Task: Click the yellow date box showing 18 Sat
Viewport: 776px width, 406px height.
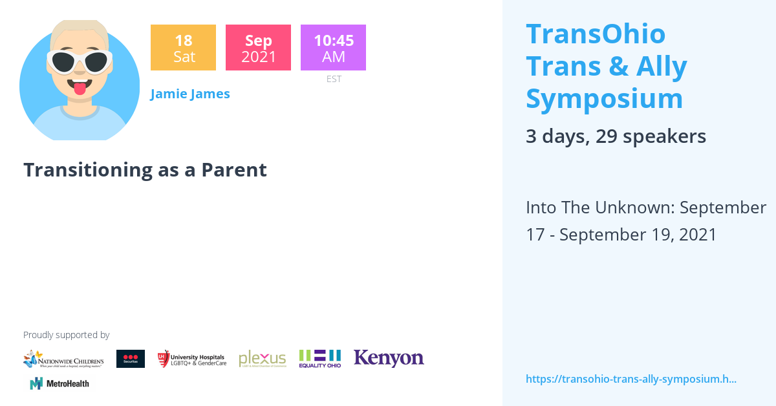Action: [183, 48]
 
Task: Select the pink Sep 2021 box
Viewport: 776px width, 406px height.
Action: [258, 48]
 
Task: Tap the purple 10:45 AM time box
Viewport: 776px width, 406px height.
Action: [333, 48]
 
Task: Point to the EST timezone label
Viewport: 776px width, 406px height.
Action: [334, 80]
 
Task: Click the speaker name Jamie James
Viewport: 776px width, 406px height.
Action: [190, 94]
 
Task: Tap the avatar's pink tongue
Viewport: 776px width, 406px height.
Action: [80, 88]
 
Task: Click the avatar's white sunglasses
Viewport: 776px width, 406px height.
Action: [80, 62]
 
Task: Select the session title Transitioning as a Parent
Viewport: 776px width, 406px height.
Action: [145, 169]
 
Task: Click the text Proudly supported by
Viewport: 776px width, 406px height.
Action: [66, 335]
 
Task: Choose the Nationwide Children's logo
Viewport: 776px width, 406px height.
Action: [63, 359]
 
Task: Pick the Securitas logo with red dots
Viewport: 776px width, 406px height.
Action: [131, 359]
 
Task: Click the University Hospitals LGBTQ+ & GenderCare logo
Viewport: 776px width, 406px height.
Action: [192, 359]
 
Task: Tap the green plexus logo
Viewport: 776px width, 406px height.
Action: [262, 359]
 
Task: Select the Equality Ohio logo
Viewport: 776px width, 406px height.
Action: [319, 359]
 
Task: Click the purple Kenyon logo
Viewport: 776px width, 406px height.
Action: [389, 358]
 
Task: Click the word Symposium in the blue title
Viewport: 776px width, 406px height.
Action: [604, 99]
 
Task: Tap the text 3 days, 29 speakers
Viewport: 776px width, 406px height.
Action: [616, 136]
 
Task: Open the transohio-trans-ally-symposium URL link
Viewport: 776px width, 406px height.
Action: [631, 379]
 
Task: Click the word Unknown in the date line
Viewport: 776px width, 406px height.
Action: [631, 208]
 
